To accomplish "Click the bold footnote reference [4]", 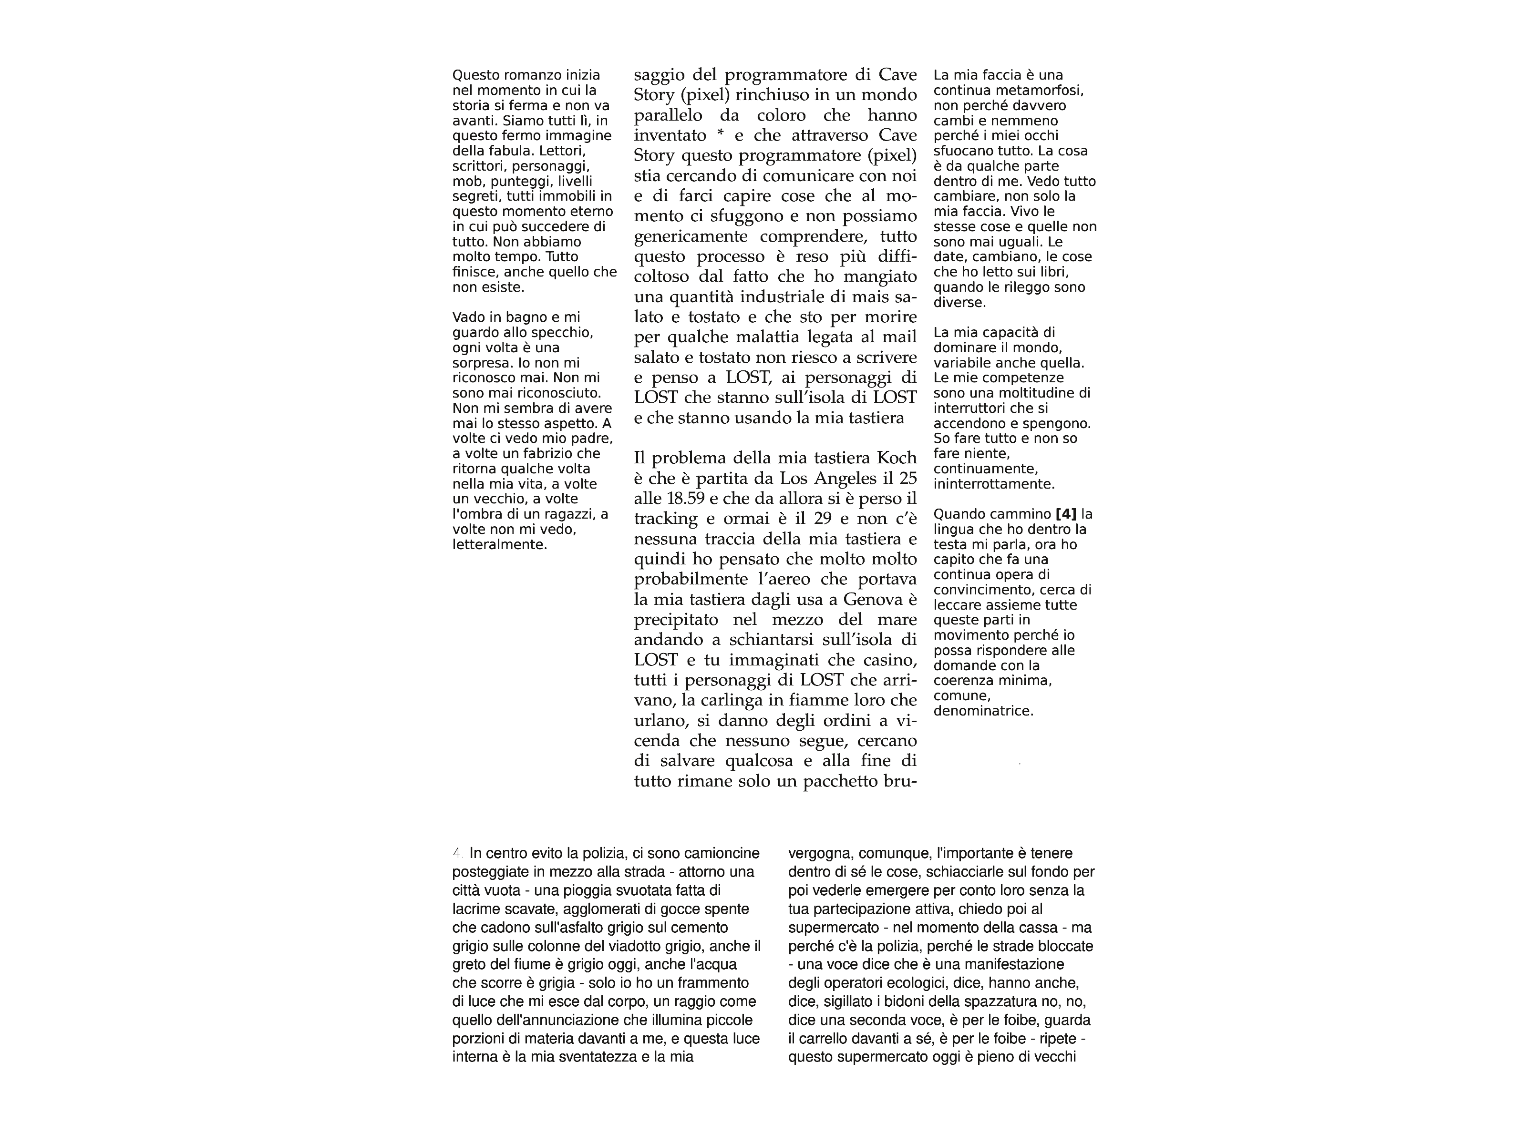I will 1066,514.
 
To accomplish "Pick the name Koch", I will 896,458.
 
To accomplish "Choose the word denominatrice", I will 983,711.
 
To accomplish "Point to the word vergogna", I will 820,854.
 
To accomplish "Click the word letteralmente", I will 499,545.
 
